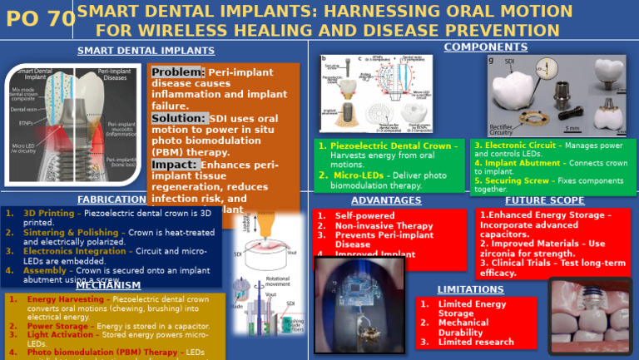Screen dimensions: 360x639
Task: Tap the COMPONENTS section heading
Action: tap(473, 47)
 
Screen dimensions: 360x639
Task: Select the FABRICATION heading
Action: tap(111, 200)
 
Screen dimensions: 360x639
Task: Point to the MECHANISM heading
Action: tap(102, 286)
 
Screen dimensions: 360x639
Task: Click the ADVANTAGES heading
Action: tap(386, 200)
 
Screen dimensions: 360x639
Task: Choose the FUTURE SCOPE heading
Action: tap(544, 200)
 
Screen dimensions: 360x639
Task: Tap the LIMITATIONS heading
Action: tap(470, 289)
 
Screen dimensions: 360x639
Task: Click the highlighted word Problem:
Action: tap(178, 72)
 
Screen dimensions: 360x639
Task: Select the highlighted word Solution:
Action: tap(179, 118)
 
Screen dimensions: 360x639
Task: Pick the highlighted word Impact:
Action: tap(174, 165)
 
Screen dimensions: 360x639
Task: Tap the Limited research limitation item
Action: tap(476, 342)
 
